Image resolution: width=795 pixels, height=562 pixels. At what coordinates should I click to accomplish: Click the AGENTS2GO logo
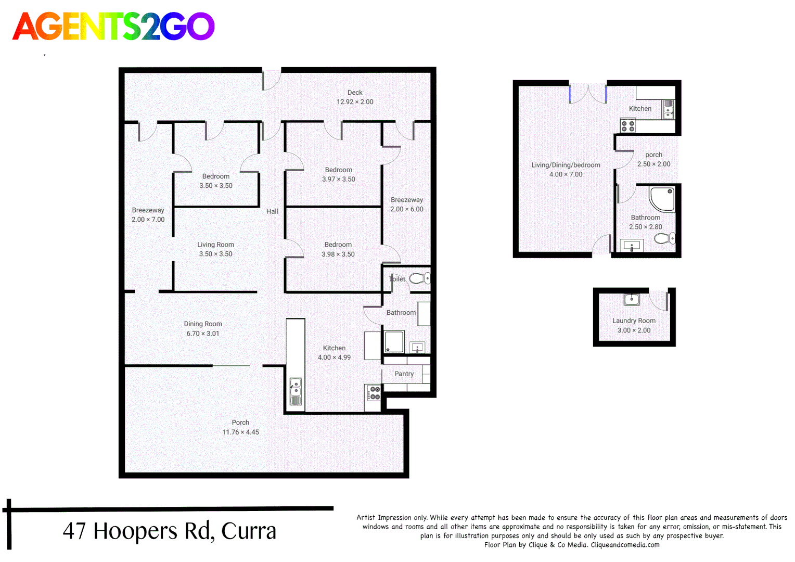click(x=113, y=27)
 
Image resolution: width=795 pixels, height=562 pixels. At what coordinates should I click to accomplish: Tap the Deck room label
click(x=355, y=93)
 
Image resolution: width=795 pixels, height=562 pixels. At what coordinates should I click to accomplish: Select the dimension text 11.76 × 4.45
click(x=240, y=432)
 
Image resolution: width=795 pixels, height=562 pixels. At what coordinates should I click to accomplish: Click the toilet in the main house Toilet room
click(x=419, y=279)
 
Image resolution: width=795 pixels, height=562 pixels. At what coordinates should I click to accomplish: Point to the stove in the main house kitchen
click(x=374, y=393)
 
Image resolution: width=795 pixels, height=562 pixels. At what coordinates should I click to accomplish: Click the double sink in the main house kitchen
click(x=296, y=391)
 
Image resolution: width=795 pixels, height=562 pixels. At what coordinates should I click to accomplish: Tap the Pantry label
click(x=404, y=374)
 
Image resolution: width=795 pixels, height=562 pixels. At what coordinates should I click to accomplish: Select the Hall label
click(x=272, y=211)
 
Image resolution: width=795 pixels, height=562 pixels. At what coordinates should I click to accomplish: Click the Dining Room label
click(x=203, y=324)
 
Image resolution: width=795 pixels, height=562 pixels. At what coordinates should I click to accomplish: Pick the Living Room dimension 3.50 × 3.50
click(x=215, y=254)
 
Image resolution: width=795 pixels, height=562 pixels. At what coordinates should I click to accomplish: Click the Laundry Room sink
click(x=631, y=299)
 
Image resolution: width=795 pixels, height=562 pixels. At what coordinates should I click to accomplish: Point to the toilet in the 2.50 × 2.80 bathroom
click(x=664, y=239)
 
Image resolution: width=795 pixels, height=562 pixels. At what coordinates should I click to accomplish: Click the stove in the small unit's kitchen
click(x=627, y=126)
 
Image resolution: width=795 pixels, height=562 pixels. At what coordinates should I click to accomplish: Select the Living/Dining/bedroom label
click(x=566, y=165)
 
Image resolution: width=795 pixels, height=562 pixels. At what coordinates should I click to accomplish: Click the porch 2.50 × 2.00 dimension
click(x=653, y=164)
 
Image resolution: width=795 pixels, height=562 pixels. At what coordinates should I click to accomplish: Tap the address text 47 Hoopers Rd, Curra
click(x=169, y=531)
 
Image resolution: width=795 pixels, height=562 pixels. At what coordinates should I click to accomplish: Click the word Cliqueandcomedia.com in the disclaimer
click(x=625, y=545)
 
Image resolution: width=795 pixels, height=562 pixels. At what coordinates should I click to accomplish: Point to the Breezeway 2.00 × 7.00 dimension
click(x=148, y=220)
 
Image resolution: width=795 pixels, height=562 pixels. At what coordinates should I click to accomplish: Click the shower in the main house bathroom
click(x=394, y=342)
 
